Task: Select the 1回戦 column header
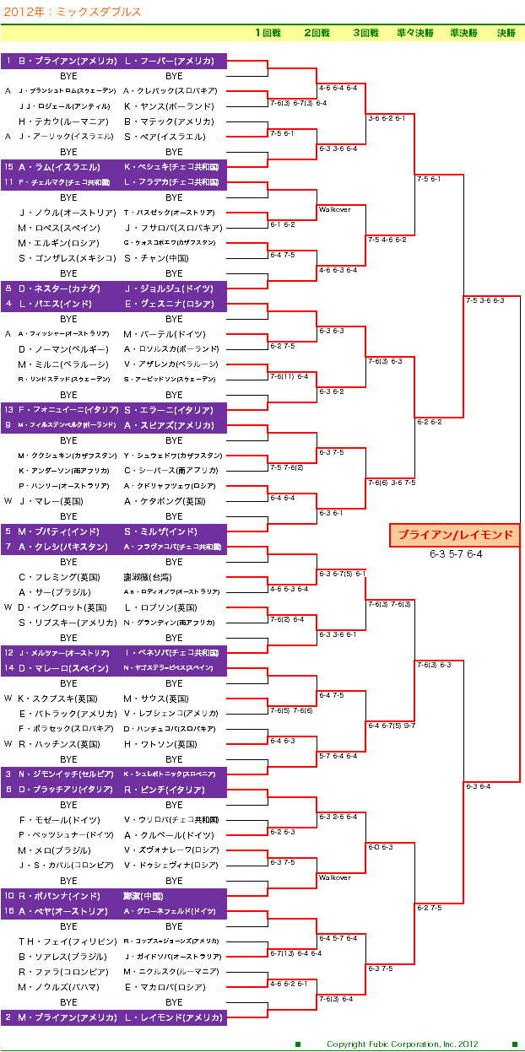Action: coord(268,33)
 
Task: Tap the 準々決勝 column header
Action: coord(414,33)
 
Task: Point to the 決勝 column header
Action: coord(506,33)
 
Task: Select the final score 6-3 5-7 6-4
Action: coord(455,554)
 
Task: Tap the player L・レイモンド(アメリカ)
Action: coord(174,1017)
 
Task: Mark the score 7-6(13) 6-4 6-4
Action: coord(295,953)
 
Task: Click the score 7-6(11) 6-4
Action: coord(290,376)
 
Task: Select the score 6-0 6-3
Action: coord(380,847)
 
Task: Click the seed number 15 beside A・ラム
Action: coord(8,167)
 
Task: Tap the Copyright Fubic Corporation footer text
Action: coord(402,1044)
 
